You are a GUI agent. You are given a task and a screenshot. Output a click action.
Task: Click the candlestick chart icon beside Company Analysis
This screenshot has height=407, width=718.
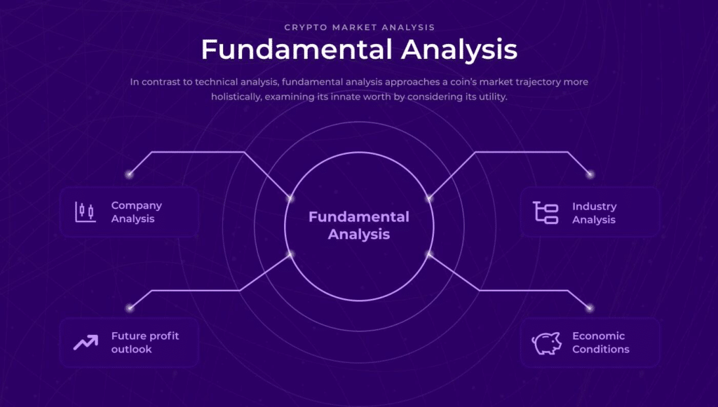[x=86, y=212]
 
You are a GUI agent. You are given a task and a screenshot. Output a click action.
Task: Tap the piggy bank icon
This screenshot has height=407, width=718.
[x=546, y=343]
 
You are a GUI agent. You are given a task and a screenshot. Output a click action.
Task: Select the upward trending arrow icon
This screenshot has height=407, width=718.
[x=86, y=342]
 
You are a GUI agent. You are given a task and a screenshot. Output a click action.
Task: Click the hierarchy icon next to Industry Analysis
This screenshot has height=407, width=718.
[x=546, y=213]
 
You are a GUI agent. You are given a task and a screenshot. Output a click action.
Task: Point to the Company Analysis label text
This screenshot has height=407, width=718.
[x=137, y=212]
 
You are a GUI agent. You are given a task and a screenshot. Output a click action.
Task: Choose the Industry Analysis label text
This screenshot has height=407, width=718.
[x=595, y=213]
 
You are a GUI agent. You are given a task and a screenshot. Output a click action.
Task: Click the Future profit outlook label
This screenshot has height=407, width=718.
[x=145, y=343]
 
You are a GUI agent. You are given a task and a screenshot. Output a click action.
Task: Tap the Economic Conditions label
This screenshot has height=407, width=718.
[x=601, y=343]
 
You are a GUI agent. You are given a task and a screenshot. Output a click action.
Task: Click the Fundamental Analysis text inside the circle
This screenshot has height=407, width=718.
[x=359, y=226]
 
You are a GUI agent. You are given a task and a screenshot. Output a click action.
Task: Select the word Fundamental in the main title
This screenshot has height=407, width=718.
[x=297, y=50]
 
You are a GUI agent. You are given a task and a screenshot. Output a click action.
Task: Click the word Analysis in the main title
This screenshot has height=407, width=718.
[x=459, y=50]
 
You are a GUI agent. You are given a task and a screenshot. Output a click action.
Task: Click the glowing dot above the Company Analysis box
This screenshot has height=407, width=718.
[x=129, y=174]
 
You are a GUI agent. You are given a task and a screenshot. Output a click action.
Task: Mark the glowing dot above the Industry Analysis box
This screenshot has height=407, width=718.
[x=590, y=174]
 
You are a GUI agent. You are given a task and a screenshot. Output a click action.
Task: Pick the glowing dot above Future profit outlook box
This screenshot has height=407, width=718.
[x=130, y=308]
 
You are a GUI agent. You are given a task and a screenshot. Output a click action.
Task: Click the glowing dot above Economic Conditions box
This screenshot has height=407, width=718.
[x=590, y=308]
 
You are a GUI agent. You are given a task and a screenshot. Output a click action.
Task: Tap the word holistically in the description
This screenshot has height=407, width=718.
[x=236, y=97]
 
